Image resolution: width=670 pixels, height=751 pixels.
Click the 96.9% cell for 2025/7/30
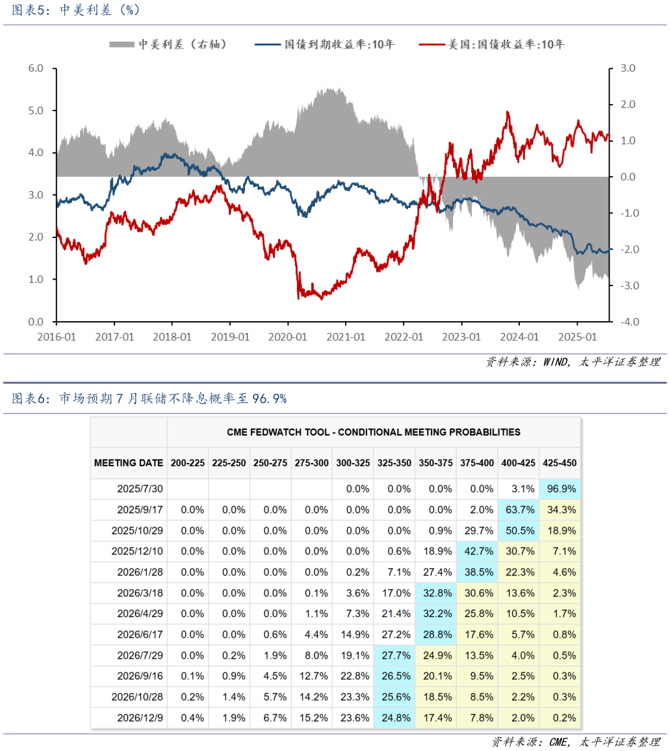click(x=560, y=489)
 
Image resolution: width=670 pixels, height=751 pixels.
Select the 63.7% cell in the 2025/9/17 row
click(x=519, y=510)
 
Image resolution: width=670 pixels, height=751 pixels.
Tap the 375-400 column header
click(x=477, y=463)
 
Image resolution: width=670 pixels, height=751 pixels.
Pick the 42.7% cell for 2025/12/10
click(x=477, y=551)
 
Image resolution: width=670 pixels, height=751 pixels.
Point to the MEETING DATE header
click(x=129, y=463)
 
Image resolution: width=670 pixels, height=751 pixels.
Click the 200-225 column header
click(x=188, y=463)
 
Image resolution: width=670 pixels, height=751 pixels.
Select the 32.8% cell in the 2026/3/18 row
click(x=435, y=593)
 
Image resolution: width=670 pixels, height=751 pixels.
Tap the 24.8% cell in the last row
click(x=394, y=718)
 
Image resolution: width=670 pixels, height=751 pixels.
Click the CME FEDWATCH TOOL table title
click(x=373, y=432)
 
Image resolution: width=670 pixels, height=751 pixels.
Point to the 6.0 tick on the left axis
click(x=35, y=68)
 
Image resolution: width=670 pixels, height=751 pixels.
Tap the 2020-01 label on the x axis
click(x=288, y=337)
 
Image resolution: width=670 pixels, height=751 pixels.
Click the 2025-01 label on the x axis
click(x=578, y=337)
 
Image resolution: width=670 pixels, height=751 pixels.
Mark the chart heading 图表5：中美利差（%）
click(x=77, y=10)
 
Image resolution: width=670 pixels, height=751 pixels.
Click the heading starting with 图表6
click(x=149, y=399)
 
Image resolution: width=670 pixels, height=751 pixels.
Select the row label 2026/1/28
click(x=137, y=572)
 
